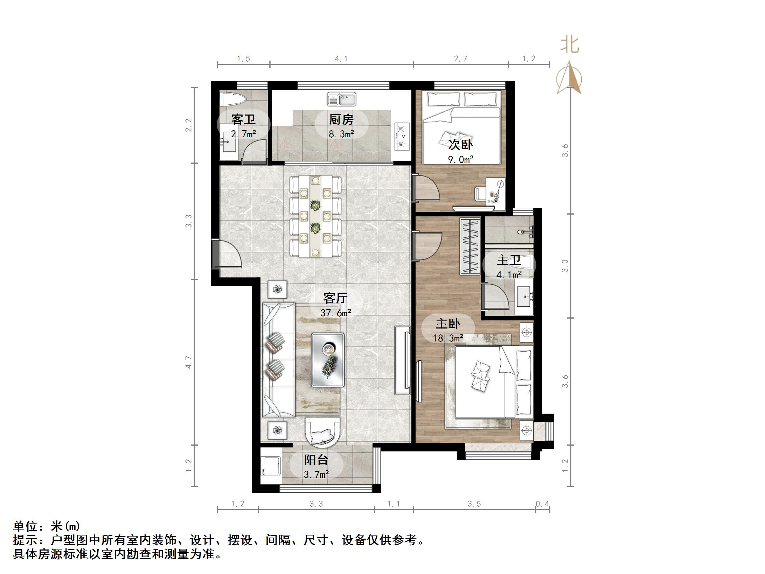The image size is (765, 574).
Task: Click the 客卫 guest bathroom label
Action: [x=243, y=120]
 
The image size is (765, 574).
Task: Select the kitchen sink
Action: [x=341, y=99]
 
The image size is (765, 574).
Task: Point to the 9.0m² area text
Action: [x=460, y=160]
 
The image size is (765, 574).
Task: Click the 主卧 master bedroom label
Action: [x=447, y=324]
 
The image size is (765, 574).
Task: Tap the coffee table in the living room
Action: [x=328, y=360]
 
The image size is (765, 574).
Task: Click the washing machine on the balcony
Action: [x=271, y=465]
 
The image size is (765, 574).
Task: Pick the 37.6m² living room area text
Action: [x=335, y=313]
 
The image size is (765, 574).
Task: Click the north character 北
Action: [x=570, y=45]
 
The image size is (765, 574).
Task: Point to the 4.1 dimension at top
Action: [x=341, y=59]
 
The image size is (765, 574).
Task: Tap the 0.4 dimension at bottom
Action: [x=542, y=504]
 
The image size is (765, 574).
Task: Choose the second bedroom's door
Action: [x=424, y=188]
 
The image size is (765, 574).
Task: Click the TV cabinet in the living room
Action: [x=402, y=360]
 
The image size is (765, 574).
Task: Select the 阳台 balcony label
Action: [x=316, y=459]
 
